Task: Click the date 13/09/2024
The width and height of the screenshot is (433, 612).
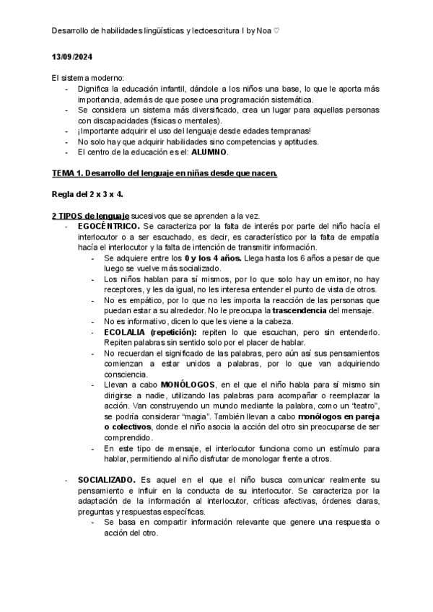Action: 72,57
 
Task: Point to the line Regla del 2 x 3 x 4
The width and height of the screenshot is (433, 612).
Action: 87,194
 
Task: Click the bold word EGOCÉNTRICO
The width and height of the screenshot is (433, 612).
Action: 110,226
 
